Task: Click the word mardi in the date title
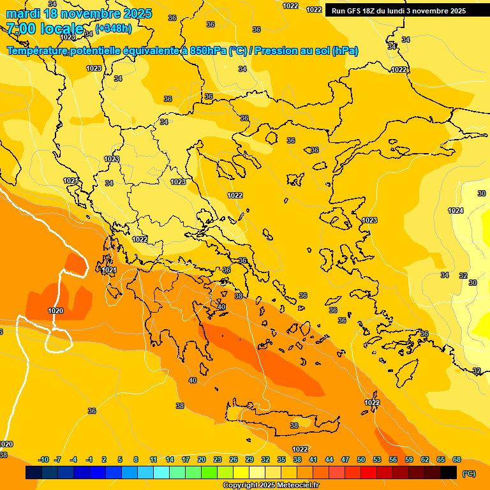coord(22,13)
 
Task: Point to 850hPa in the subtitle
coord(207,51)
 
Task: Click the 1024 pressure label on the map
coord(455,211)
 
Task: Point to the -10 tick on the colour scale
coord(43,459)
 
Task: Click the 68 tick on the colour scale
coord(457,459)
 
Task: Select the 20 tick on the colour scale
coord(202,459)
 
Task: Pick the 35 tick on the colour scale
coord(281,459)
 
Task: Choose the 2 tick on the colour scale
coord(105,459)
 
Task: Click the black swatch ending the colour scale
coord(449,472)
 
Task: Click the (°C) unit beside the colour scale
coord(469,473)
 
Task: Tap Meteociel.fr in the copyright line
coord(298,486)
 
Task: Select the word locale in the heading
coord(61,29)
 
